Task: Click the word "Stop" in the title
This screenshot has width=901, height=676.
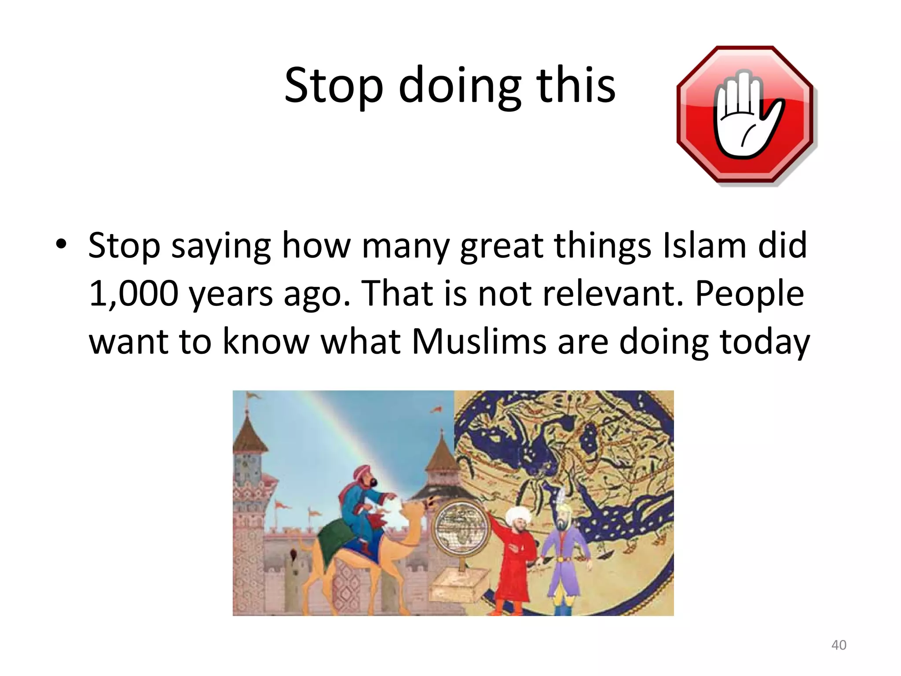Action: point(333,86)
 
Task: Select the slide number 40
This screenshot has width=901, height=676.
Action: point(839,645)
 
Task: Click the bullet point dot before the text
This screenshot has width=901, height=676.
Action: point(61,244)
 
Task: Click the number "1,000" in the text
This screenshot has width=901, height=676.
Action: point(133,294)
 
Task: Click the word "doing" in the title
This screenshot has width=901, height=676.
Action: point(460,86)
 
